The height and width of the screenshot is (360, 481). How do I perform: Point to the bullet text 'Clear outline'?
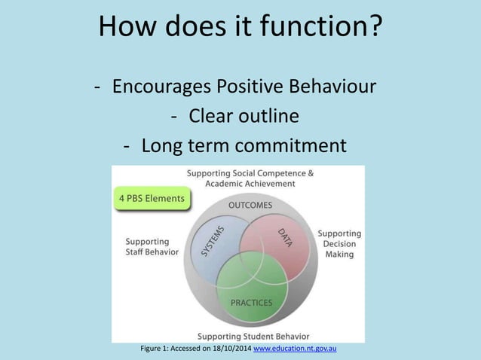point(243,116)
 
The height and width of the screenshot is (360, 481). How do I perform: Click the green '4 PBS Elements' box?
point(152,199)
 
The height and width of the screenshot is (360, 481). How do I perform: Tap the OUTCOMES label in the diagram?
point(250,205)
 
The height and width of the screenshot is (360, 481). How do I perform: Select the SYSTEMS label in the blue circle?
point(213,242)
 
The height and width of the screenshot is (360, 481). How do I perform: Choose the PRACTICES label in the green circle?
point(251,303)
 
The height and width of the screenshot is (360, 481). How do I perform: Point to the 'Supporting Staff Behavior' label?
point(152,246)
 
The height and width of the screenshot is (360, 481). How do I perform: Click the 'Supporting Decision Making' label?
point(339,244)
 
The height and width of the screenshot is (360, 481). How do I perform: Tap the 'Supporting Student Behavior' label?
point(252,335)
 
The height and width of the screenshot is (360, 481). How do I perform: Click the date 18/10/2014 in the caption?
point(229,349)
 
